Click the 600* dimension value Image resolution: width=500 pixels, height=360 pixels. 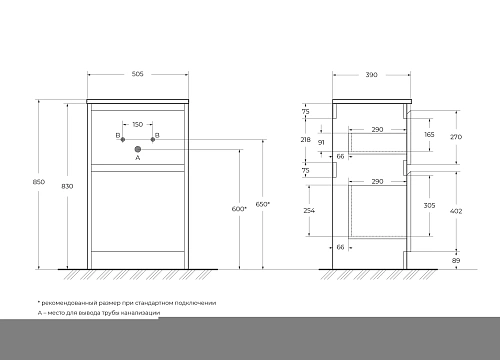pos(237,208)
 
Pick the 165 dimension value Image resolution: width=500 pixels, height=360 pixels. pos(429,133)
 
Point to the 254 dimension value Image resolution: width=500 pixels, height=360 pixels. pos(308,212)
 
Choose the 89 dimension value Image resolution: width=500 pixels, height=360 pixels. pos(456,260)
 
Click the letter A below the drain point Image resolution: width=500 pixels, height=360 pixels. pos(137,158)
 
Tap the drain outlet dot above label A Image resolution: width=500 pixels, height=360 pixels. pos(138,148)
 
